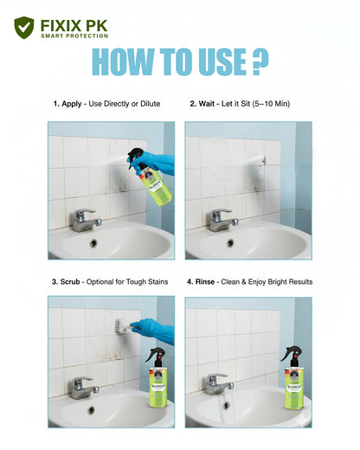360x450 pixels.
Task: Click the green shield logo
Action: click(x=24, y=28)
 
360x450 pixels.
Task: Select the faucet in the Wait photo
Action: click(x=222, y=218)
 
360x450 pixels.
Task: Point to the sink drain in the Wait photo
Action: click(x=230, y=243)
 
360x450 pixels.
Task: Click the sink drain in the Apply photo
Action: click(x=93, y=243)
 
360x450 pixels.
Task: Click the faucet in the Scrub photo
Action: click(x=84, y=385)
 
